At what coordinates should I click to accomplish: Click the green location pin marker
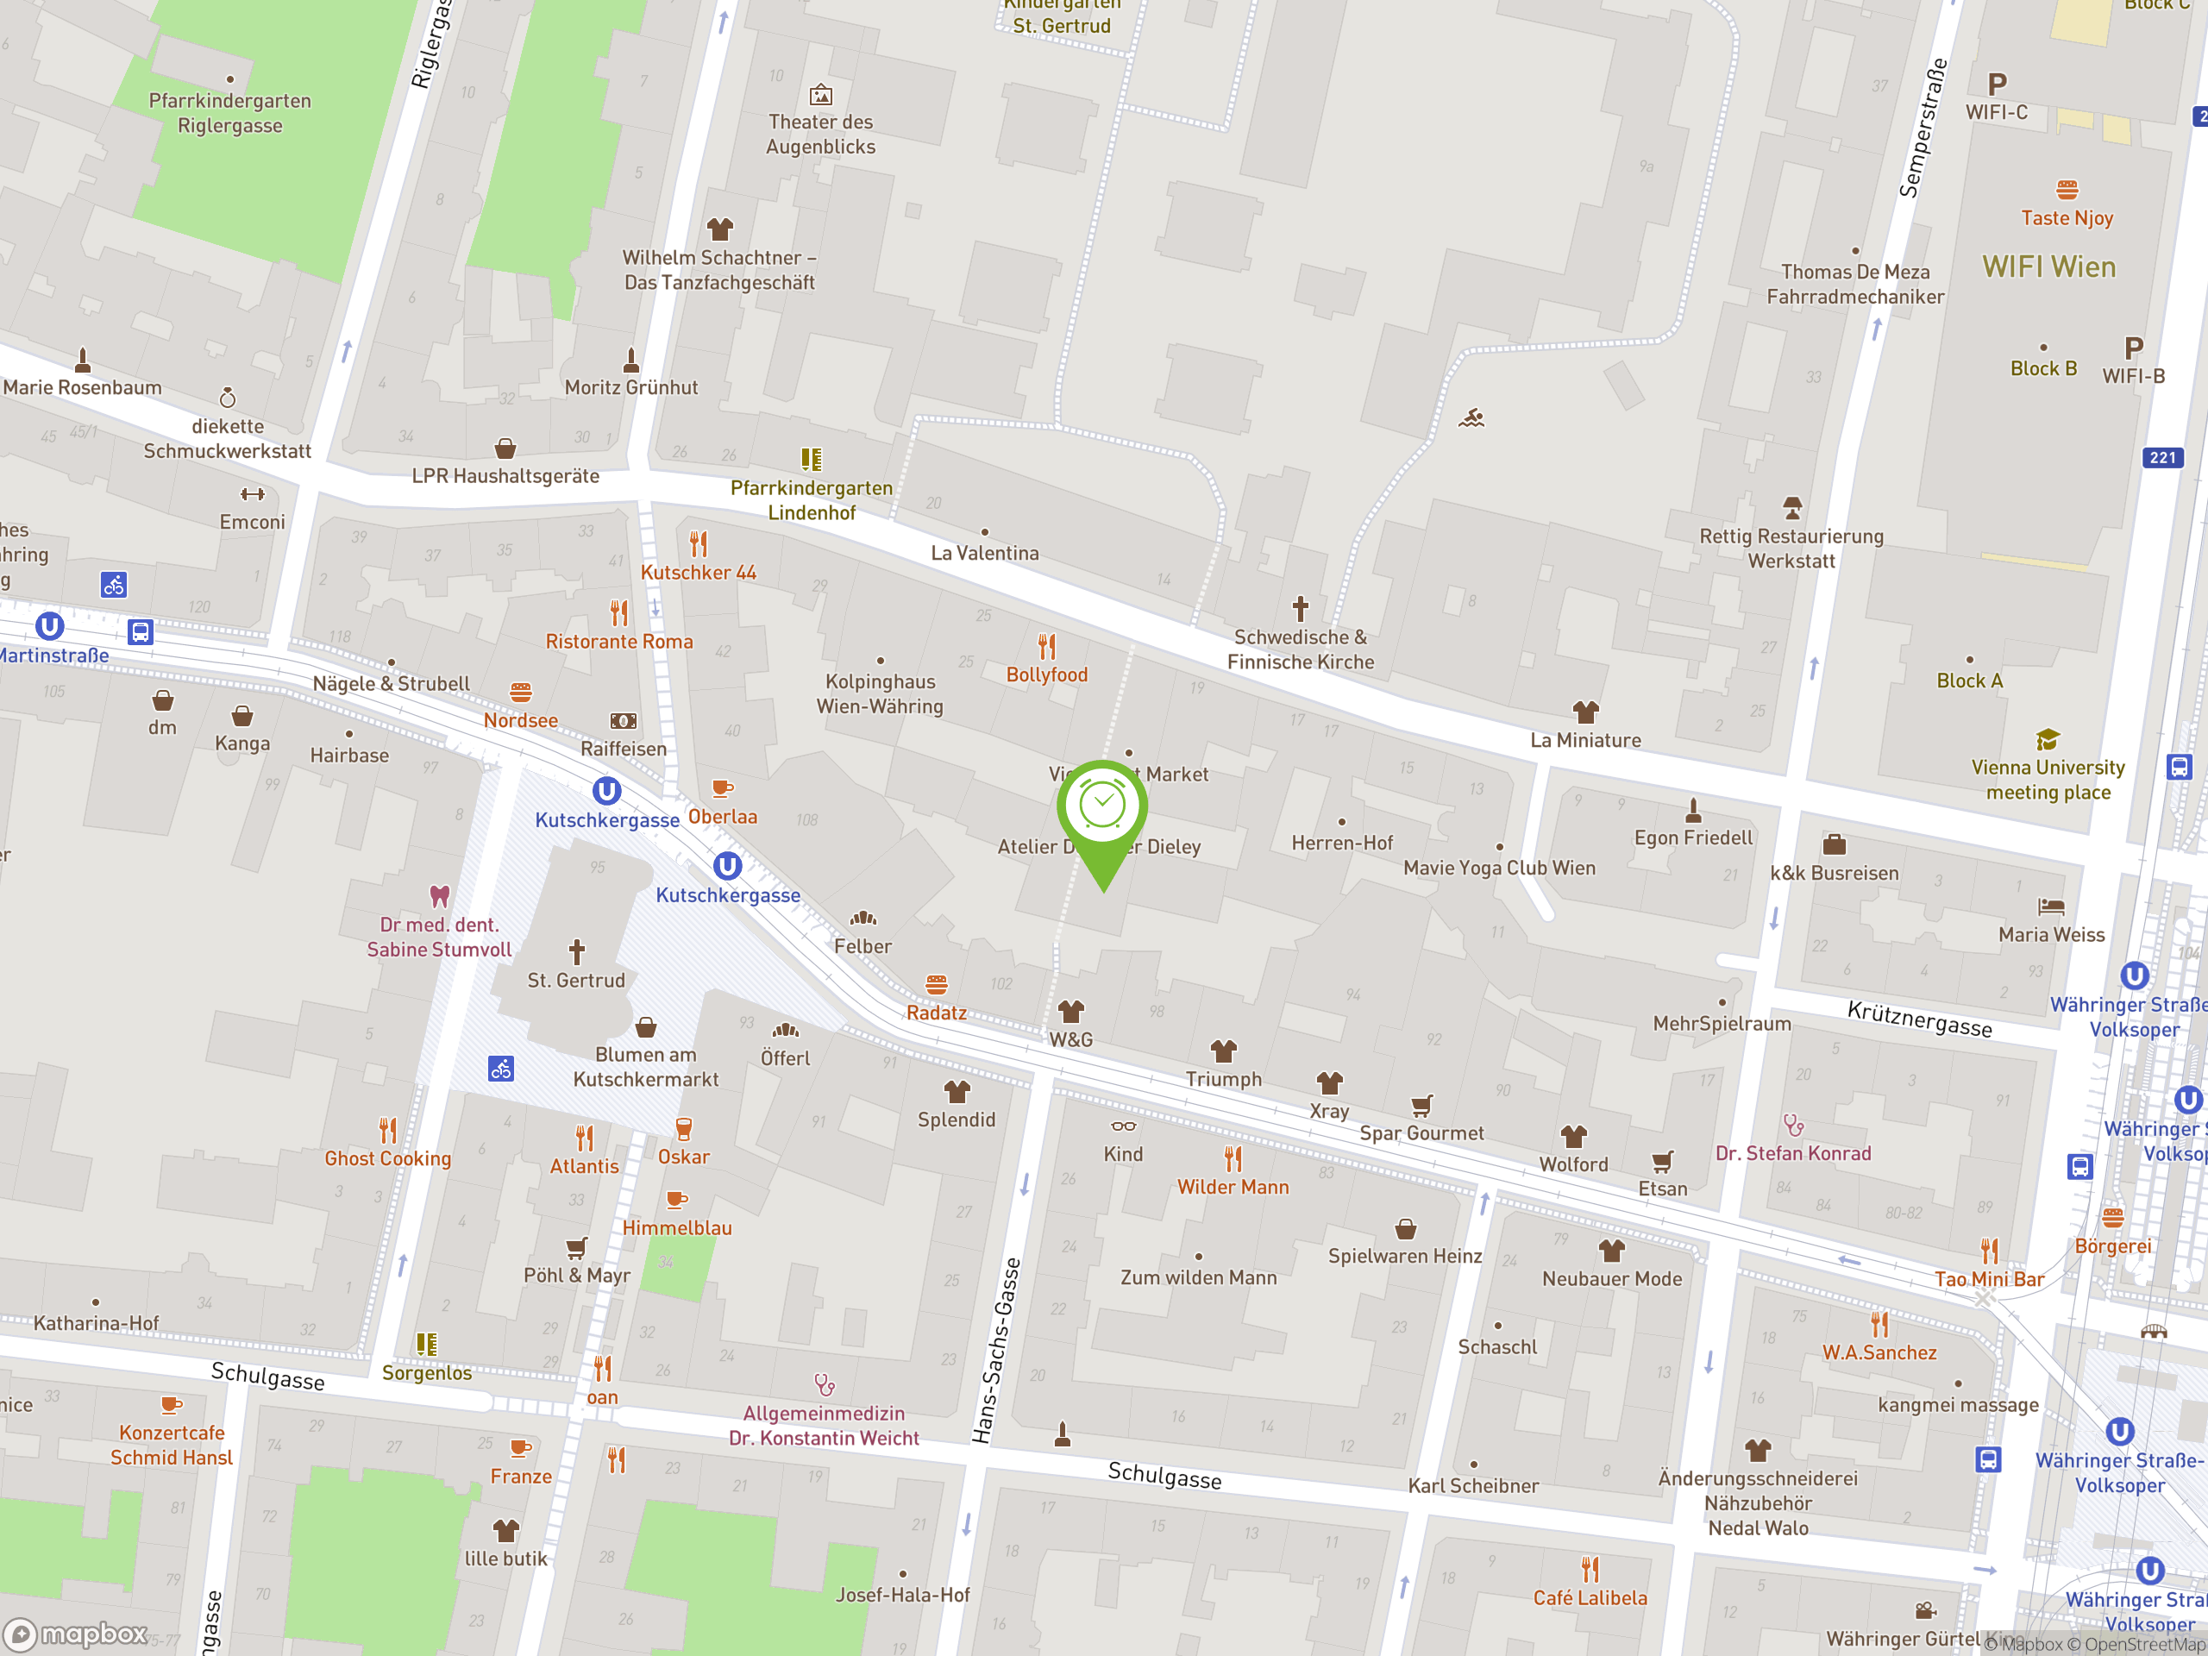(1102, 808)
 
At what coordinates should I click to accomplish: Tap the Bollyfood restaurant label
(1046, 674)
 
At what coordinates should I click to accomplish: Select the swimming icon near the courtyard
(1471, 418)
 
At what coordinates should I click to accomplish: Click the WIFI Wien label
(2048, 267)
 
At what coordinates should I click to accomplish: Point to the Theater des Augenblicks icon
(820, 95)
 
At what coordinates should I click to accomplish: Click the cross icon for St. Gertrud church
(576, 950)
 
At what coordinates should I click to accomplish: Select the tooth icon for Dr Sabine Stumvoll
(439, 895)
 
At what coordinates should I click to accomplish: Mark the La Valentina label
(984, 553)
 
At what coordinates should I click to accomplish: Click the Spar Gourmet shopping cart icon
(1421, 1105)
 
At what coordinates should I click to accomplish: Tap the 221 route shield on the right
(2162, 457)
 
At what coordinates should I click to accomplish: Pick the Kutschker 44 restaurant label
(698, 573)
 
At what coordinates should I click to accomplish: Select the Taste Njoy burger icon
(2067, 190)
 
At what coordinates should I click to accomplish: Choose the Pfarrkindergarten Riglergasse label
(229, 113)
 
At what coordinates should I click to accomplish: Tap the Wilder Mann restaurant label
(1232, 1187)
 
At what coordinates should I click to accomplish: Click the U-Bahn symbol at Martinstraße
(50, 626)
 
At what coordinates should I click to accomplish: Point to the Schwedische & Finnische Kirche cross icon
(1300, 608)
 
